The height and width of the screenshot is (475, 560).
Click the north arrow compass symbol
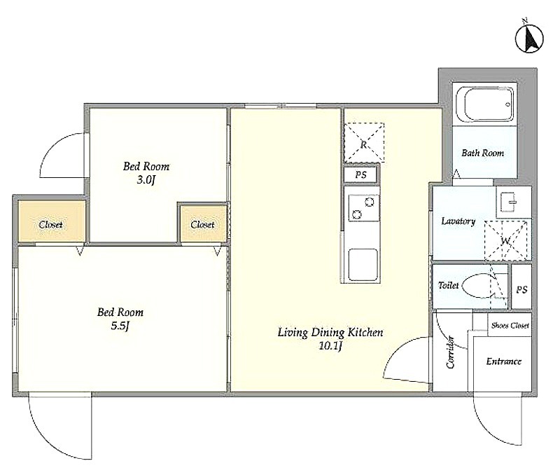point(529,38)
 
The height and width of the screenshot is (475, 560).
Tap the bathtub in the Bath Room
point(489,104)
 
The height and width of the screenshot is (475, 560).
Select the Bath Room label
point(482,153)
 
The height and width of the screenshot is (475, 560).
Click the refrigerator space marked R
point(364,143)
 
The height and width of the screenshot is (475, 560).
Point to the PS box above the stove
point(360,174)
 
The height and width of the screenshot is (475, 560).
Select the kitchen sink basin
point(363,265)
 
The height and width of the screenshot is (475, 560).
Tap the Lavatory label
point(458,221)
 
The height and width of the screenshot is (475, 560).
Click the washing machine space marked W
point(505,241)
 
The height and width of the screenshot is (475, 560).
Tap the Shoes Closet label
point(510,325)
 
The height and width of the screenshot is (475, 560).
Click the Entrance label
point(503,362)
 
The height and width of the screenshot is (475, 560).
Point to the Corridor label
point(451,352)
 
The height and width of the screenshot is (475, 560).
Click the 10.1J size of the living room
point(330,346)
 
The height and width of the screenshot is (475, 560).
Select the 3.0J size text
point(146,180)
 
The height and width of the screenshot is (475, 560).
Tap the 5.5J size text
point(120,326)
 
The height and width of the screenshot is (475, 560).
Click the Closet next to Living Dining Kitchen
point(202,224)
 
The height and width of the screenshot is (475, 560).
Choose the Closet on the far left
point(51,224)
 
